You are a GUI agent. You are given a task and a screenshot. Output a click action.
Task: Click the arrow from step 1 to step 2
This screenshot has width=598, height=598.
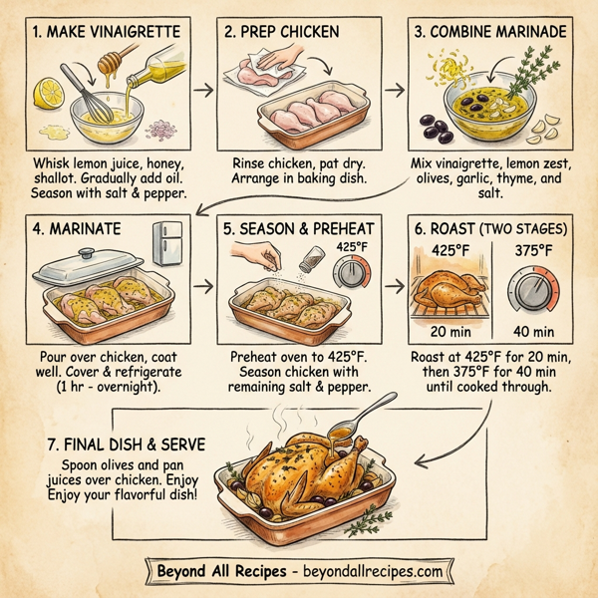(x=202, y=90)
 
